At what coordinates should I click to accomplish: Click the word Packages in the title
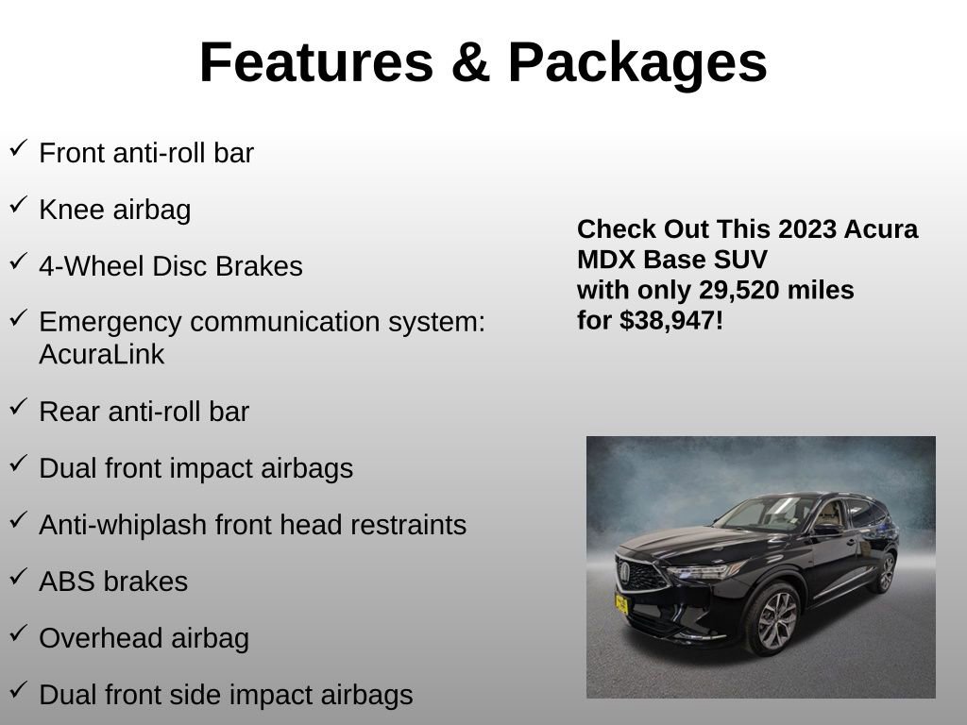(x=637, y=63)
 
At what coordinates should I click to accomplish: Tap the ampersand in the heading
(x=469, y=63)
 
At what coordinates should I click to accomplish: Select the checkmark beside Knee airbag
(x=18, y=206)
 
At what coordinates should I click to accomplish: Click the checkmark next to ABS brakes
(x=18, y=578)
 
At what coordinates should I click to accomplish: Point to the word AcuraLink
(x=102, y=355)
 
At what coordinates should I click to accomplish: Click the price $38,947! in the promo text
(x=671, y=321)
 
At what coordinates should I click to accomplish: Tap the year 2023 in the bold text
(x=807, y=229)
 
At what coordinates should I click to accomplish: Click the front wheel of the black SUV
(x=773, y=618)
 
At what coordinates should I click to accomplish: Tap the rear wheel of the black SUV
(x=885, y=573)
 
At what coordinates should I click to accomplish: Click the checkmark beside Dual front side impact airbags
(x=18, y=691)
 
